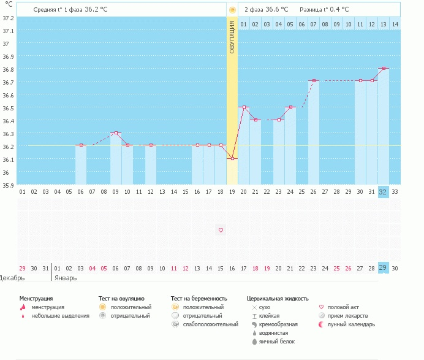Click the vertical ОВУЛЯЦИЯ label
(x=232, y=37)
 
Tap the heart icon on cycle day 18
(x=221, y=230)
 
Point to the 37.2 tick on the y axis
(x=7, y=18)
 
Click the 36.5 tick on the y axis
(x=7, y=108)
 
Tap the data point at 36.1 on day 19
(x=232, y=159)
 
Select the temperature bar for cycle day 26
(x=314, y=132)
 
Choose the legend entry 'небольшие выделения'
(x=59, y=316)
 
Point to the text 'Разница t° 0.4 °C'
(x=324, y=10)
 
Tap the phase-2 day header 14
(x=395, y=24)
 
